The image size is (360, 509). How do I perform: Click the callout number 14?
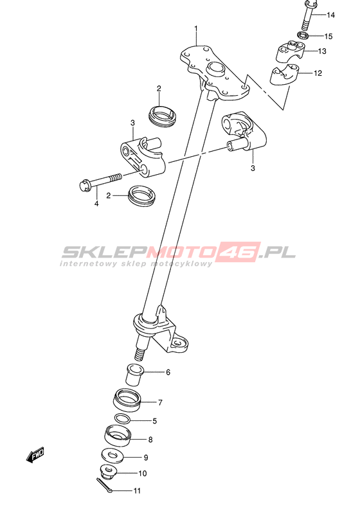coord(330,15)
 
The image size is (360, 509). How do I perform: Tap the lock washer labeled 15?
coord(302,35)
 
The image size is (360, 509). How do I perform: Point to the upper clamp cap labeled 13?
coord(291,51)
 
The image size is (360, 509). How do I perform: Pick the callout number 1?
coord(196,28)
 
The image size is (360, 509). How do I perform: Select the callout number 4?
coord(96,204)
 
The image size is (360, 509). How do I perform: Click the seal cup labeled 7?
coord(127,400)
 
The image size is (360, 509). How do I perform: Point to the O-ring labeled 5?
coord(122,419)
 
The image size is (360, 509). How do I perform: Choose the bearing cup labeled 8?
coord(118,436)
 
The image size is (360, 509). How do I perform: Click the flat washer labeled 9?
coord(113,455)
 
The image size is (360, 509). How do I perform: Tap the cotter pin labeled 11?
coord(104,485)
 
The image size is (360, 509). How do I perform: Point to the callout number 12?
coord(318,73)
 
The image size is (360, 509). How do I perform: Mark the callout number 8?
coord(150,440)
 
